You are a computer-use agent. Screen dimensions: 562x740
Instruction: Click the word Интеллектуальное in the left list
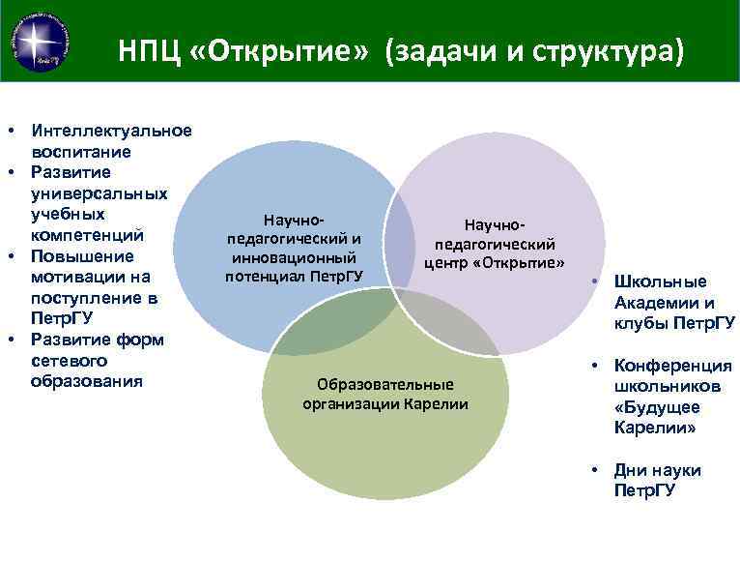(x=111, y=131)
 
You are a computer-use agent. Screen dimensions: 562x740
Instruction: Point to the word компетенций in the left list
(x=88, y=235)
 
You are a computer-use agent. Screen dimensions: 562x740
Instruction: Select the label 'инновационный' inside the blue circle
(x=294, y=258)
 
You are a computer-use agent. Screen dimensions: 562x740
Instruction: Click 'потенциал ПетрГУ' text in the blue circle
(x=294, y=277)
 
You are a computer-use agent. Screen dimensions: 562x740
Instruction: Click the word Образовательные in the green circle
(x=384, y=384)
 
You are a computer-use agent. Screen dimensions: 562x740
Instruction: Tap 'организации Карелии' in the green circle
(x=384, y=403)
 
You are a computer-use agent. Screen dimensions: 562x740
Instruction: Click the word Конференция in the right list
(x=672, y=366)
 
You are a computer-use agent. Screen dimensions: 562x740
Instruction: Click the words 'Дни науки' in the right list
(x=657, y=470)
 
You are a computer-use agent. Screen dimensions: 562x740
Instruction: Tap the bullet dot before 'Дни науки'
(x=598, y=470)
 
